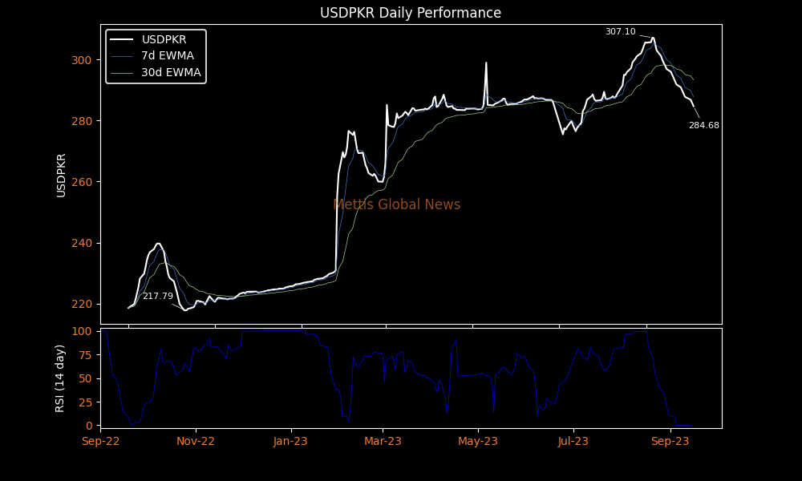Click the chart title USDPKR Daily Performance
pos(411,13)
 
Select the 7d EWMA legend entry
pos(167,55)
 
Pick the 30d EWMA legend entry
pos(171,72)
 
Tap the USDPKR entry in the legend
pos(164,39)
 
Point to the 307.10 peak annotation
pos(620,32)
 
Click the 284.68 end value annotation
pos(703,126)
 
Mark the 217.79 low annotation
pos(157,297)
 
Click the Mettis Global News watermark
pos(396,204)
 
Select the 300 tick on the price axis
pos(81,60)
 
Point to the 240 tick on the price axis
pos(81,243)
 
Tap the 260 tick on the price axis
pos(81,182)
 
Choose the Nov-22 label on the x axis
pos(196,441)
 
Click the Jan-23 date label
pos(290,441)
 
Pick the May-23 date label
pos(479,441)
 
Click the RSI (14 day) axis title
pos(60,378)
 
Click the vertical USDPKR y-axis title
pos(61,175)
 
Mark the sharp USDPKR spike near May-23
pos(486,63)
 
